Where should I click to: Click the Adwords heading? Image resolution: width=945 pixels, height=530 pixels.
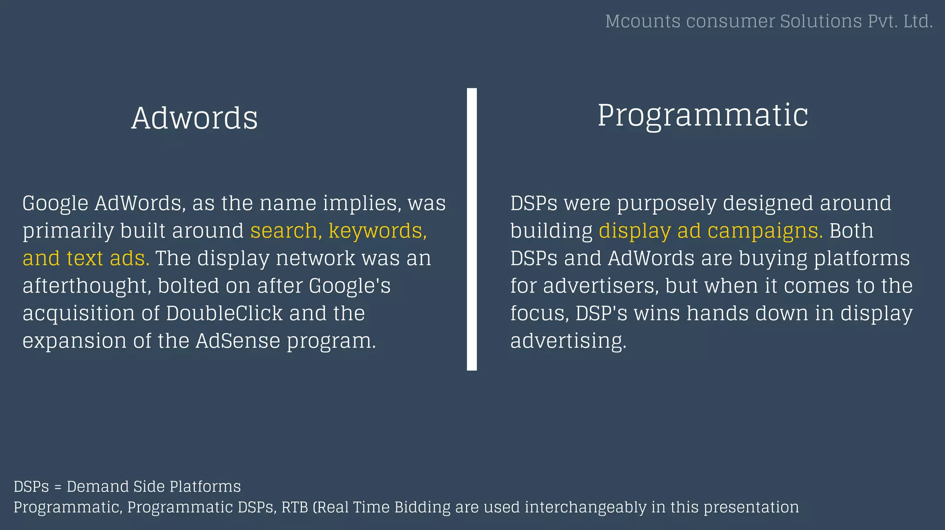click(x=194, y=118)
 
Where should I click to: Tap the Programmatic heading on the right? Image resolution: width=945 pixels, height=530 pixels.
click(x=702, y=115)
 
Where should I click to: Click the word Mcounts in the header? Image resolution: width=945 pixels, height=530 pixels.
click(x=642, y=21)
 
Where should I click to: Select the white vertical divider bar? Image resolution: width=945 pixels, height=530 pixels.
click(x=472, y=229)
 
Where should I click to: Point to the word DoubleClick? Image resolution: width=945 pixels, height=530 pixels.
click(x=224, y=313)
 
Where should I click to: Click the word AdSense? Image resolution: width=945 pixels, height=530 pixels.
click(x=238, y=341)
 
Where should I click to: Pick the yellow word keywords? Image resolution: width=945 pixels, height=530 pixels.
click(x=377, y=230)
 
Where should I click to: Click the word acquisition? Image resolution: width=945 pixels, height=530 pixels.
click(x=78, y=314)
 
